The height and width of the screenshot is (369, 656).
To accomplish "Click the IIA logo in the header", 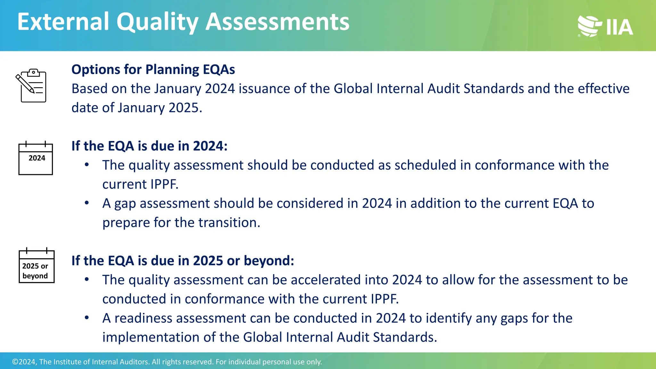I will (605, 26).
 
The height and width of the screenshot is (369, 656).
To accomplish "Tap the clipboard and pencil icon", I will (31, 86).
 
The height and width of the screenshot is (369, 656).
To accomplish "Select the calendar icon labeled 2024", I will (36, 158).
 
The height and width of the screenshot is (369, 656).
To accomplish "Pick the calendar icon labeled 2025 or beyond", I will (37, 266).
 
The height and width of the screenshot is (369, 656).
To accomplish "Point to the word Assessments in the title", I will (277, 22).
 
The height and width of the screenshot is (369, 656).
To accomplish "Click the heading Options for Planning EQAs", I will (153, 70).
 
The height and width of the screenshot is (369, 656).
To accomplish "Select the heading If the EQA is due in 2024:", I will (149, 146).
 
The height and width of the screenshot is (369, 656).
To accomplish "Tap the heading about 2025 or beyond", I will (183, 261).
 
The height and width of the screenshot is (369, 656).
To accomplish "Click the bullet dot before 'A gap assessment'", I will (87, 203).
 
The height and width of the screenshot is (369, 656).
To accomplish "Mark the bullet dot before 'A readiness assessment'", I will (87, 318).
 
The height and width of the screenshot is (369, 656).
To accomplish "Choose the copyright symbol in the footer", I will (15, 362).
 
